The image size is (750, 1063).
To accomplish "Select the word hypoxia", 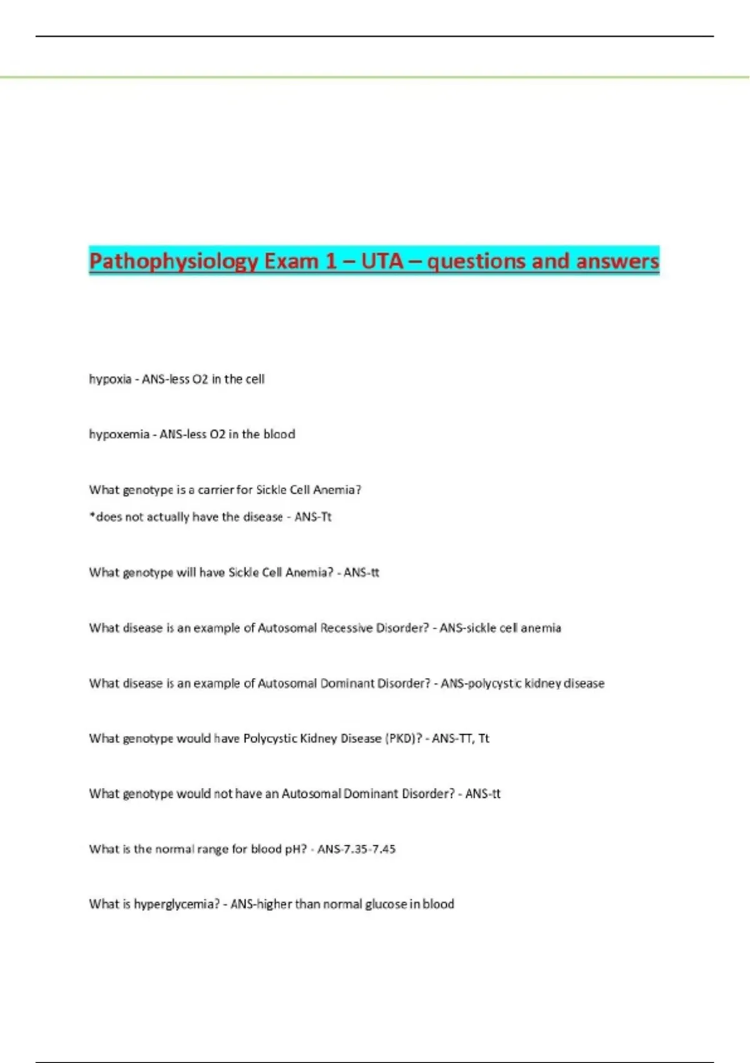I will pos(110,379).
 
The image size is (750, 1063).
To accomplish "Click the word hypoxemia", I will pos(119,434).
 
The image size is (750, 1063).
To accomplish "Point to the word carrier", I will pos(215,490).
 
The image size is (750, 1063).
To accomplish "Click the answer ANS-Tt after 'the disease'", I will pos(312,517).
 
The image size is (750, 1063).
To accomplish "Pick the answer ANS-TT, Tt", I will pos(460,738).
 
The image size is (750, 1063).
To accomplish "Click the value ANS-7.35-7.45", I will pos(356,849).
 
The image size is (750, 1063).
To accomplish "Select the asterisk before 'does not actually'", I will pos(92,516).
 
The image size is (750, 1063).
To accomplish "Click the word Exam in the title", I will pos(291,260).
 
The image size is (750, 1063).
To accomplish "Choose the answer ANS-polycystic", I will pos(481,683).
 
